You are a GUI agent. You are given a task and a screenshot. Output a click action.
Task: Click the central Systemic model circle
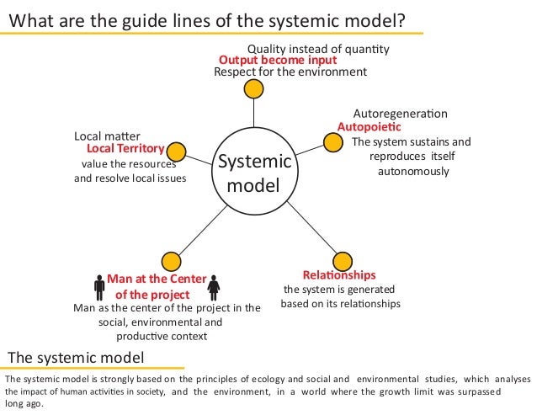coord(254,173)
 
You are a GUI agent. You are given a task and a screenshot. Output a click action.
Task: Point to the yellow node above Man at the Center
coord(171,260)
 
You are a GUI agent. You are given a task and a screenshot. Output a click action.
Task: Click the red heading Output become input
coord(278,61)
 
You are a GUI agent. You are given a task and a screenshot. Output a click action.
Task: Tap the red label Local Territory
coord(119,149)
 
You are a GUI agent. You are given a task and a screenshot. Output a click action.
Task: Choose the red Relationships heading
coord(339,275)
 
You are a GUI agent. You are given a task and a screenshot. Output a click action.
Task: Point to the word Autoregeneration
coord(400,114)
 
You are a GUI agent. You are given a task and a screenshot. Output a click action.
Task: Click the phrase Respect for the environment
coord(290,72)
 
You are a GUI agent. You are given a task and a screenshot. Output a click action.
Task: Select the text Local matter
coord(108,136)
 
